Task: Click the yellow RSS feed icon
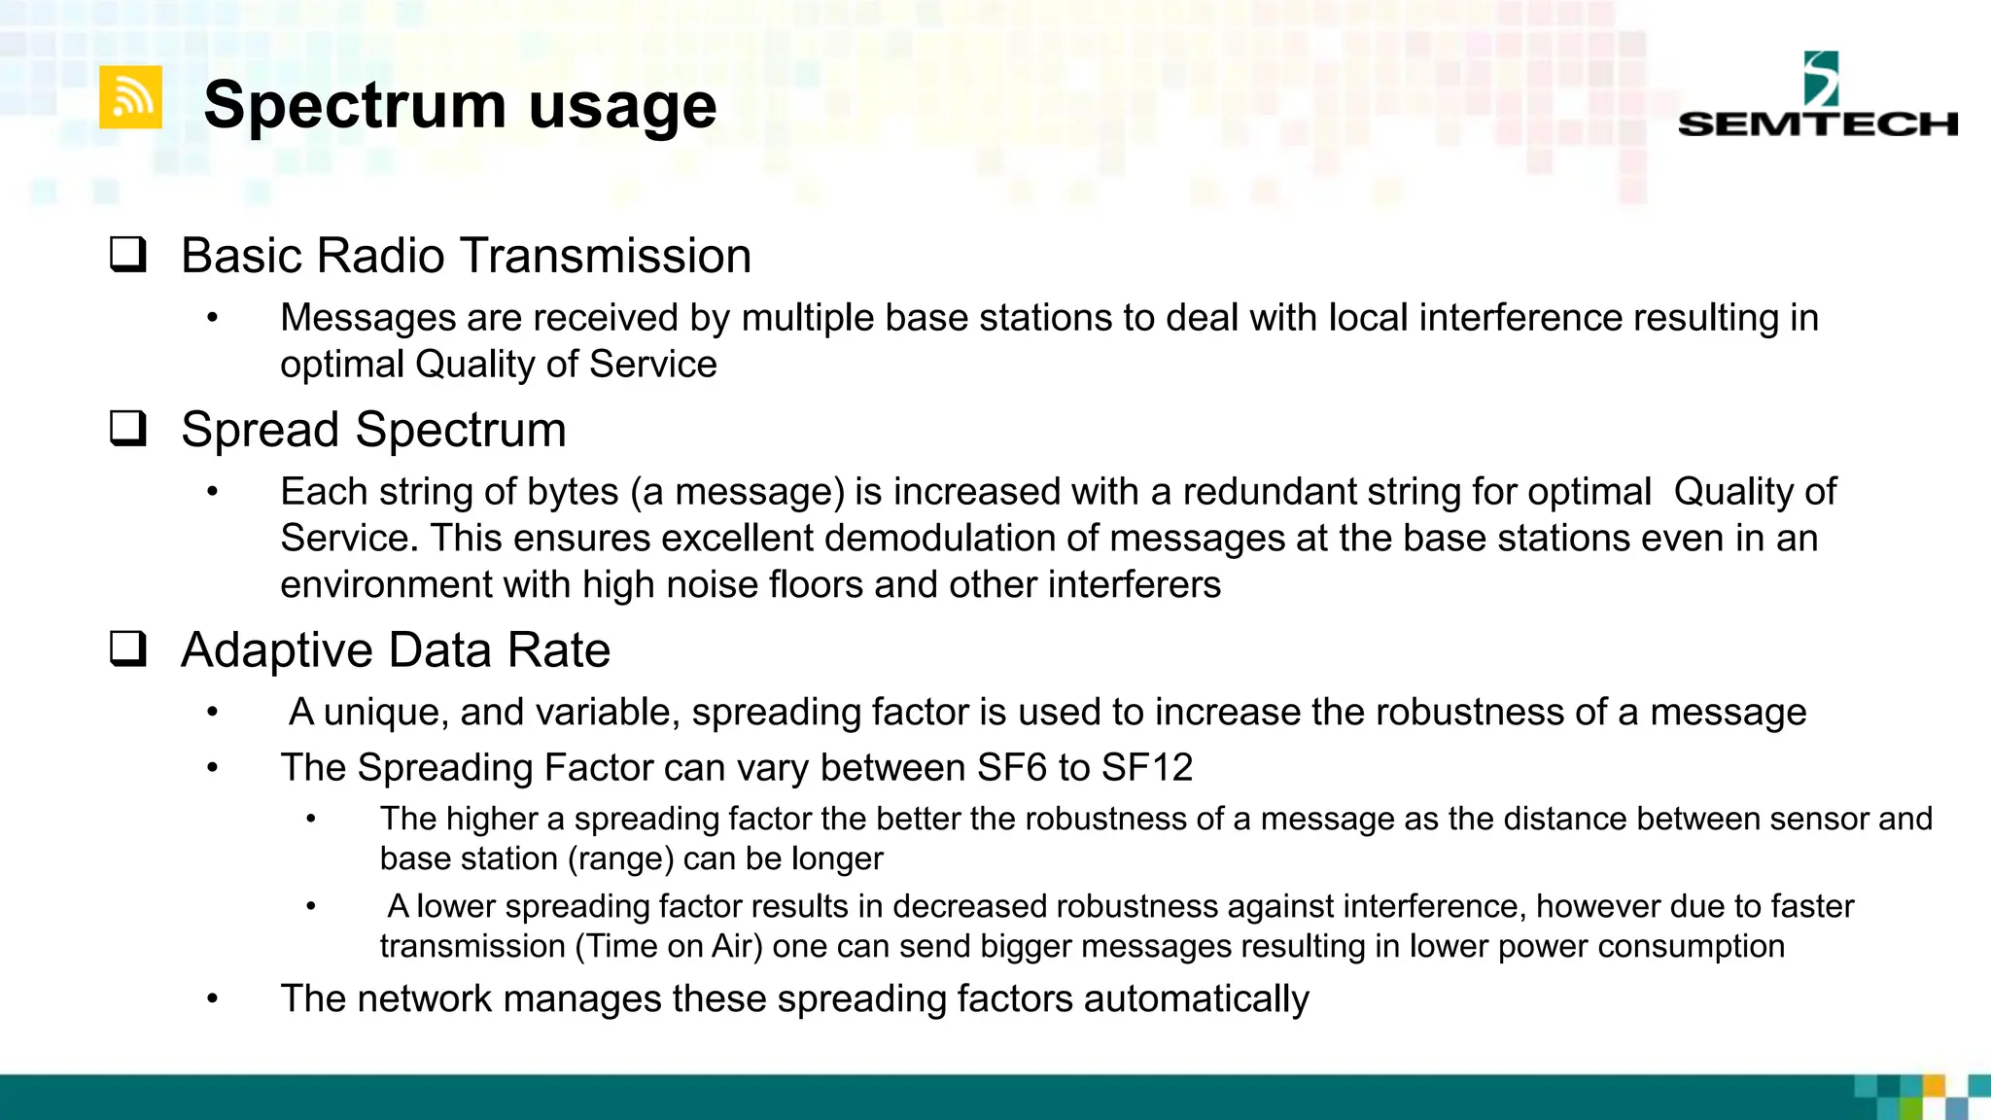130,97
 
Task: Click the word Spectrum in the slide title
355,105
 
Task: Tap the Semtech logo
1816,96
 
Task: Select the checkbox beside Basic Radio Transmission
128,255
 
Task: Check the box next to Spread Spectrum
128,429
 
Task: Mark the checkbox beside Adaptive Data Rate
128,649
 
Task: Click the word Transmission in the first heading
606,256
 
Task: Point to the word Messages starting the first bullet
367,318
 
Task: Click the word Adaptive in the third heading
276,649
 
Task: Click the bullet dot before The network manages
213,999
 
